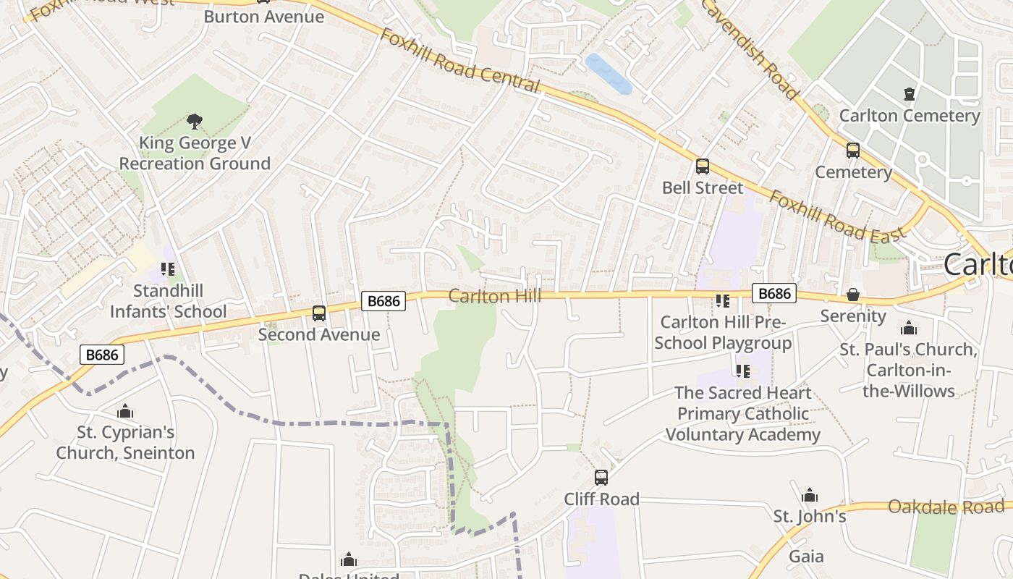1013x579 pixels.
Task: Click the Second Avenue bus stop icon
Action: point(319,313)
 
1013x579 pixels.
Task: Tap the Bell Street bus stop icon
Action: point(702,166)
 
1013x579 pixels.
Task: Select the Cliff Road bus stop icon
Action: point(601,478)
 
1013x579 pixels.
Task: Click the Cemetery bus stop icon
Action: point(853,151)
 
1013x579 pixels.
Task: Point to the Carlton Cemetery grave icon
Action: point(910,93)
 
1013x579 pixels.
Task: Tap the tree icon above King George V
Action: point(194,121)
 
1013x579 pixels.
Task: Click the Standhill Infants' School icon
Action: point(168,269)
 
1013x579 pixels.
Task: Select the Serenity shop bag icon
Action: point(853,295)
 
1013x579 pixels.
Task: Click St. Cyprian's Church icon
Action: point(125,412)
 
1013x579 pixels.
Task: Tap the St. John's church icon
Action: point(810,496)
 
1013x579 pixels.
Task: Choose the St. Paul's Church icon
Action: point(909,328)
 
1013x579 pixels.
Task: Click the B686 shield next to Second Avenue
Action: point(383,301)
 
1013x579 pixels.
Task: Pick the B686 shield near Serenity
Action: point(774,293)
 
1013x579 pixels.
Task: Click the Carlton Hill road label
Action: point(494,296)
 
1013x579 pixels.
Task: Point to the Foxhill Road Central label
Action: point(460,61)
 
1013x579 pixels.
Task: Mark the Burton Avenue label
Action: point(263,16)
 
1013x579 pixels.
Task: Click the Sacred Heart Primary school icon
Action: point(742,371)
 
